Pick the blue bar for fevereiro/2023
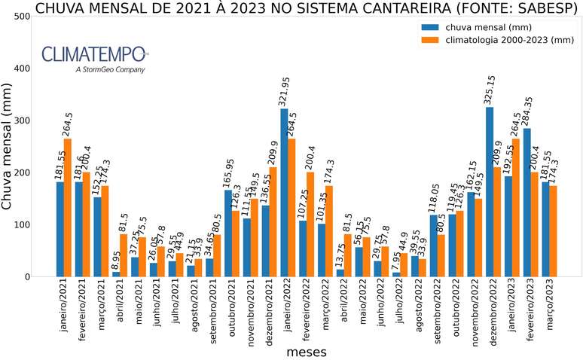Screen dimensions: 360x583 pyautogui.click(x=527, y=203)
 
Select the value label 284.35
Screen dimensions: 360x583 pyautogui.click(x=529, y=102)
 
